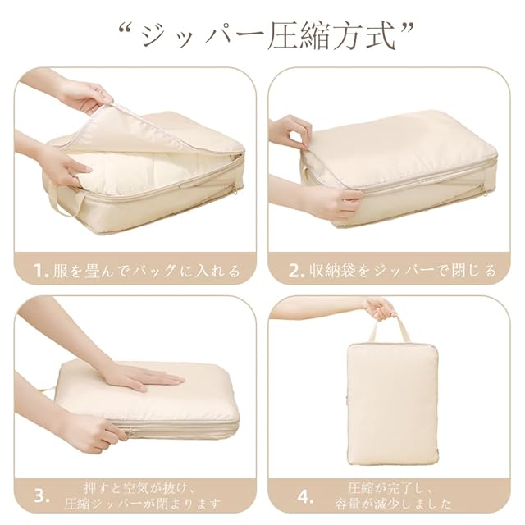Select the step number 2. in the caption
pyautogui.click(x=296, y=271)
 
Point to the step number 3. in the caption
pyautogui.click(x=42, y=496)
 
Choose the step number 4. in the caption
pyautogui.click(x=305, y=496)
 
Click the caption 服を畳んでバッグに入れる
pyautogui.click(x=147, y=271)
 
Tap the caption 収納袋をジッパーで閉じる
pyautogui.click(x=402, y=271)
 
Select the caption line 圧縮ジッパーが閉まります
pyautogui.click(x=142, y=504)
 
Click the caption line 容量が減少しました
pyautogui.click(x=393, y=504)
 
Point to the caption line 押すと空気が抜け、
pyautogui.click(x=139, y=488)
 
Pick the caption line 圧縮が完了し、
pyautogui.click(x=390, y=488)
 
